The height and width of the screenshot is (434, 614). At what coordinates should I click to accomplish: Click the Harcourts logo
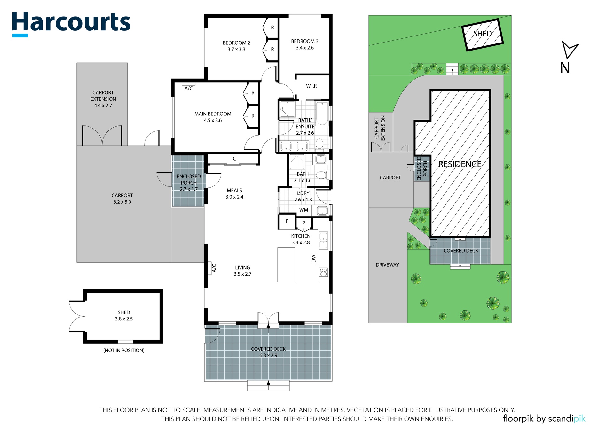71,24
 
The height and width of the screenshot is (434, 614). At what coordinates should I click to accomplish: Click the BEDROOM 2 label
236,43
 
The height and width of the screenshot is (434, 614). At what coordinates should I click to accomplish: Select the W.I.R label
311,86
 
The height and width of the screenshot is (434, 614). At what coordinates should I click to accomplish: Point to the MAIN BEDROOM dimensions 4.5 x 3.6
213,121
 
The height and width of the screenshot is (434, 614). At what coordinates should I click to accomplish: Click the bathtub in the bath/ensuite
322,113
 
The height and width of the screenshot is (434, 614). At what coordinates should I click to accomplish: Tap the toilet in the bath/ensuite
319,145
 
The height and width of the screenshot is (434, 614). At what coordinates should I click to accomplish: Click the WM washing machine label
304,210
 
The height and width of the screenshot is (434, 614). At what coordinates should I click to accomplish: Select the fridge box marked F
287,221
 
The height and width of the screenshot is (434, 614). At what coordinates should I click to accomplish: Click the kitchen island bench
286,264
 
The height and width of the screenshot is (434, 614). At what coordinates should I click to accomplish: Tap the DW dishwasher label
314,258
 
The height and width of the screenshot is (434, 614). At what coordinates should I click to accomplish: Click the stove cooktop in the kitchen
323,272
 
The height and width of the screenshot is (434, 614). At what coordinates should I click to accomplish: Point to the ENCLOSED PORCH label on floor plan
189,179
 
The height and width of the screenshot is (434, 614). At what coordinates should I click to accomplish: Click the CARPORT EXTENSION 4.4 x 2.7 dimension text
103,106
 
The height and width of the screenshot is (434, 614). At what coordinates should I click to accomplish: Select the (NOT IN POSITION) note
124,351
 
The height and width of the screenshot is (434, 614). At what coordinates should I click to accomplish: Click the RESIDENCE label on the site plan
460,164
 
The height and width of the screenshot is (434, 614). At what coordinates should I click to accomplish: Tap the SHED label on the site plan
483,34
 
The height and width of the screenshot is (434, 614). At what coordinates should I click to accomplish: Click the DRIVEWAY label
387,265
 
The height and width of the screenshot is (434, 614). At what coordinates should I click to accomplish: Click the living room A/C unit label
214,268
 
